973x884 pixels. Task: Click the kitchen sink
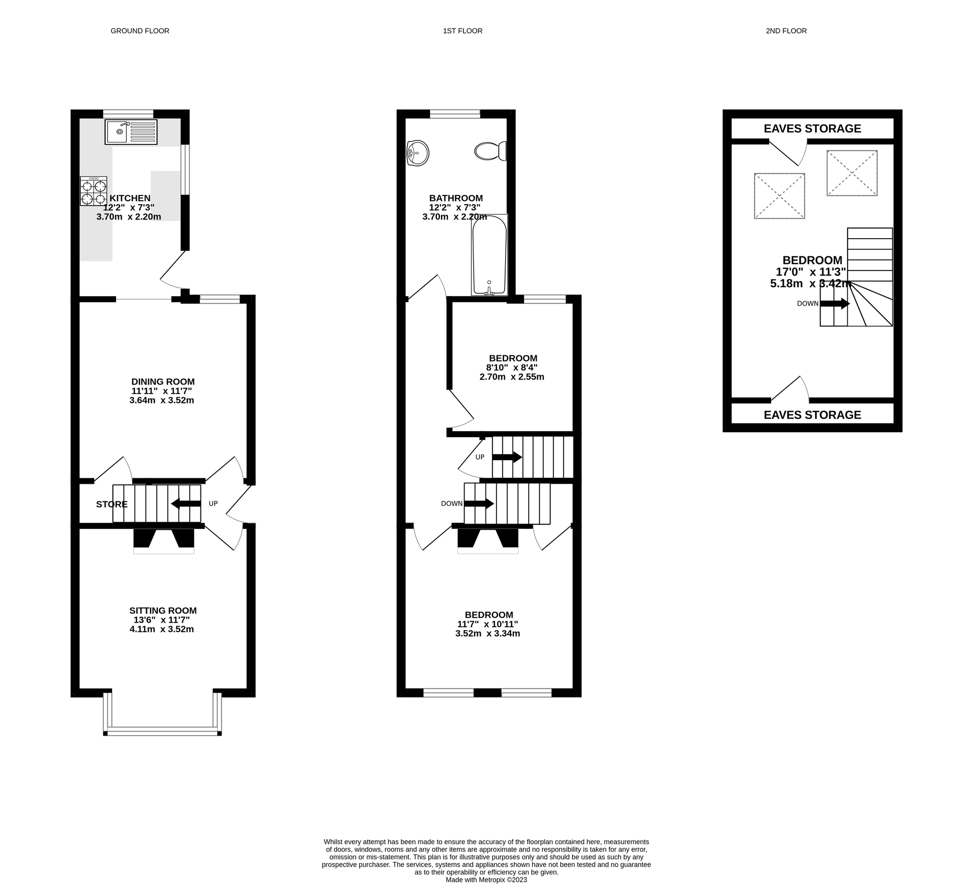coord(131,132)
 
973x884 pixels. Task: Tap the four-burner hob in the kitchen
coord(93,192)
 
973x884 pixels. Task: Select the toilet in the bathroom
coord(490,151)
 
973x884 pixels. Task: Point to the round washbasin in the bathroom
coord(418,153)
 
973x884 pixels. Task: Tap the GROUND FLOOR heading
coord(140,31)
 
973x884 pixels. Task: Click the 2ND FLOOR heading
coord(786,31)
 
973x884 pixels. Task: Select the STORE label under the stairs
coord(112,504)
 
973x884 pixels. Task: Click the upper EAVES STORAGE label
coord(812,129)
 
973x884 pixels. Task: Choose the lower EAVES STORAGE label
coord(812,415)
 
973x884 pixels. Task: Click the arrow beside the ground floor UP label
coord(186,503)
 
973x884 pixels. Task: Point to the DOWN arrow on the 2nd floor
coord(834,304)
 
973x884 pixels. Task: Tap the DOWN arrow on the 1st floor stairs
coord(479,503)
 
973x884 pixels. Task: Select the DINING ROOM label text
coord(163,382)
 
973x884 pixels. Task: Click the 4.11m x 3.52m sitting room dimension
coord(162,629)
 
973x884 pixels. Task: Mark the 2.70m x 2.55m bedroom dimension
coord(512,377)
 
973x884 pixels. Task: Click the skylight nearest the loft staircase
coord(852,173)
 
